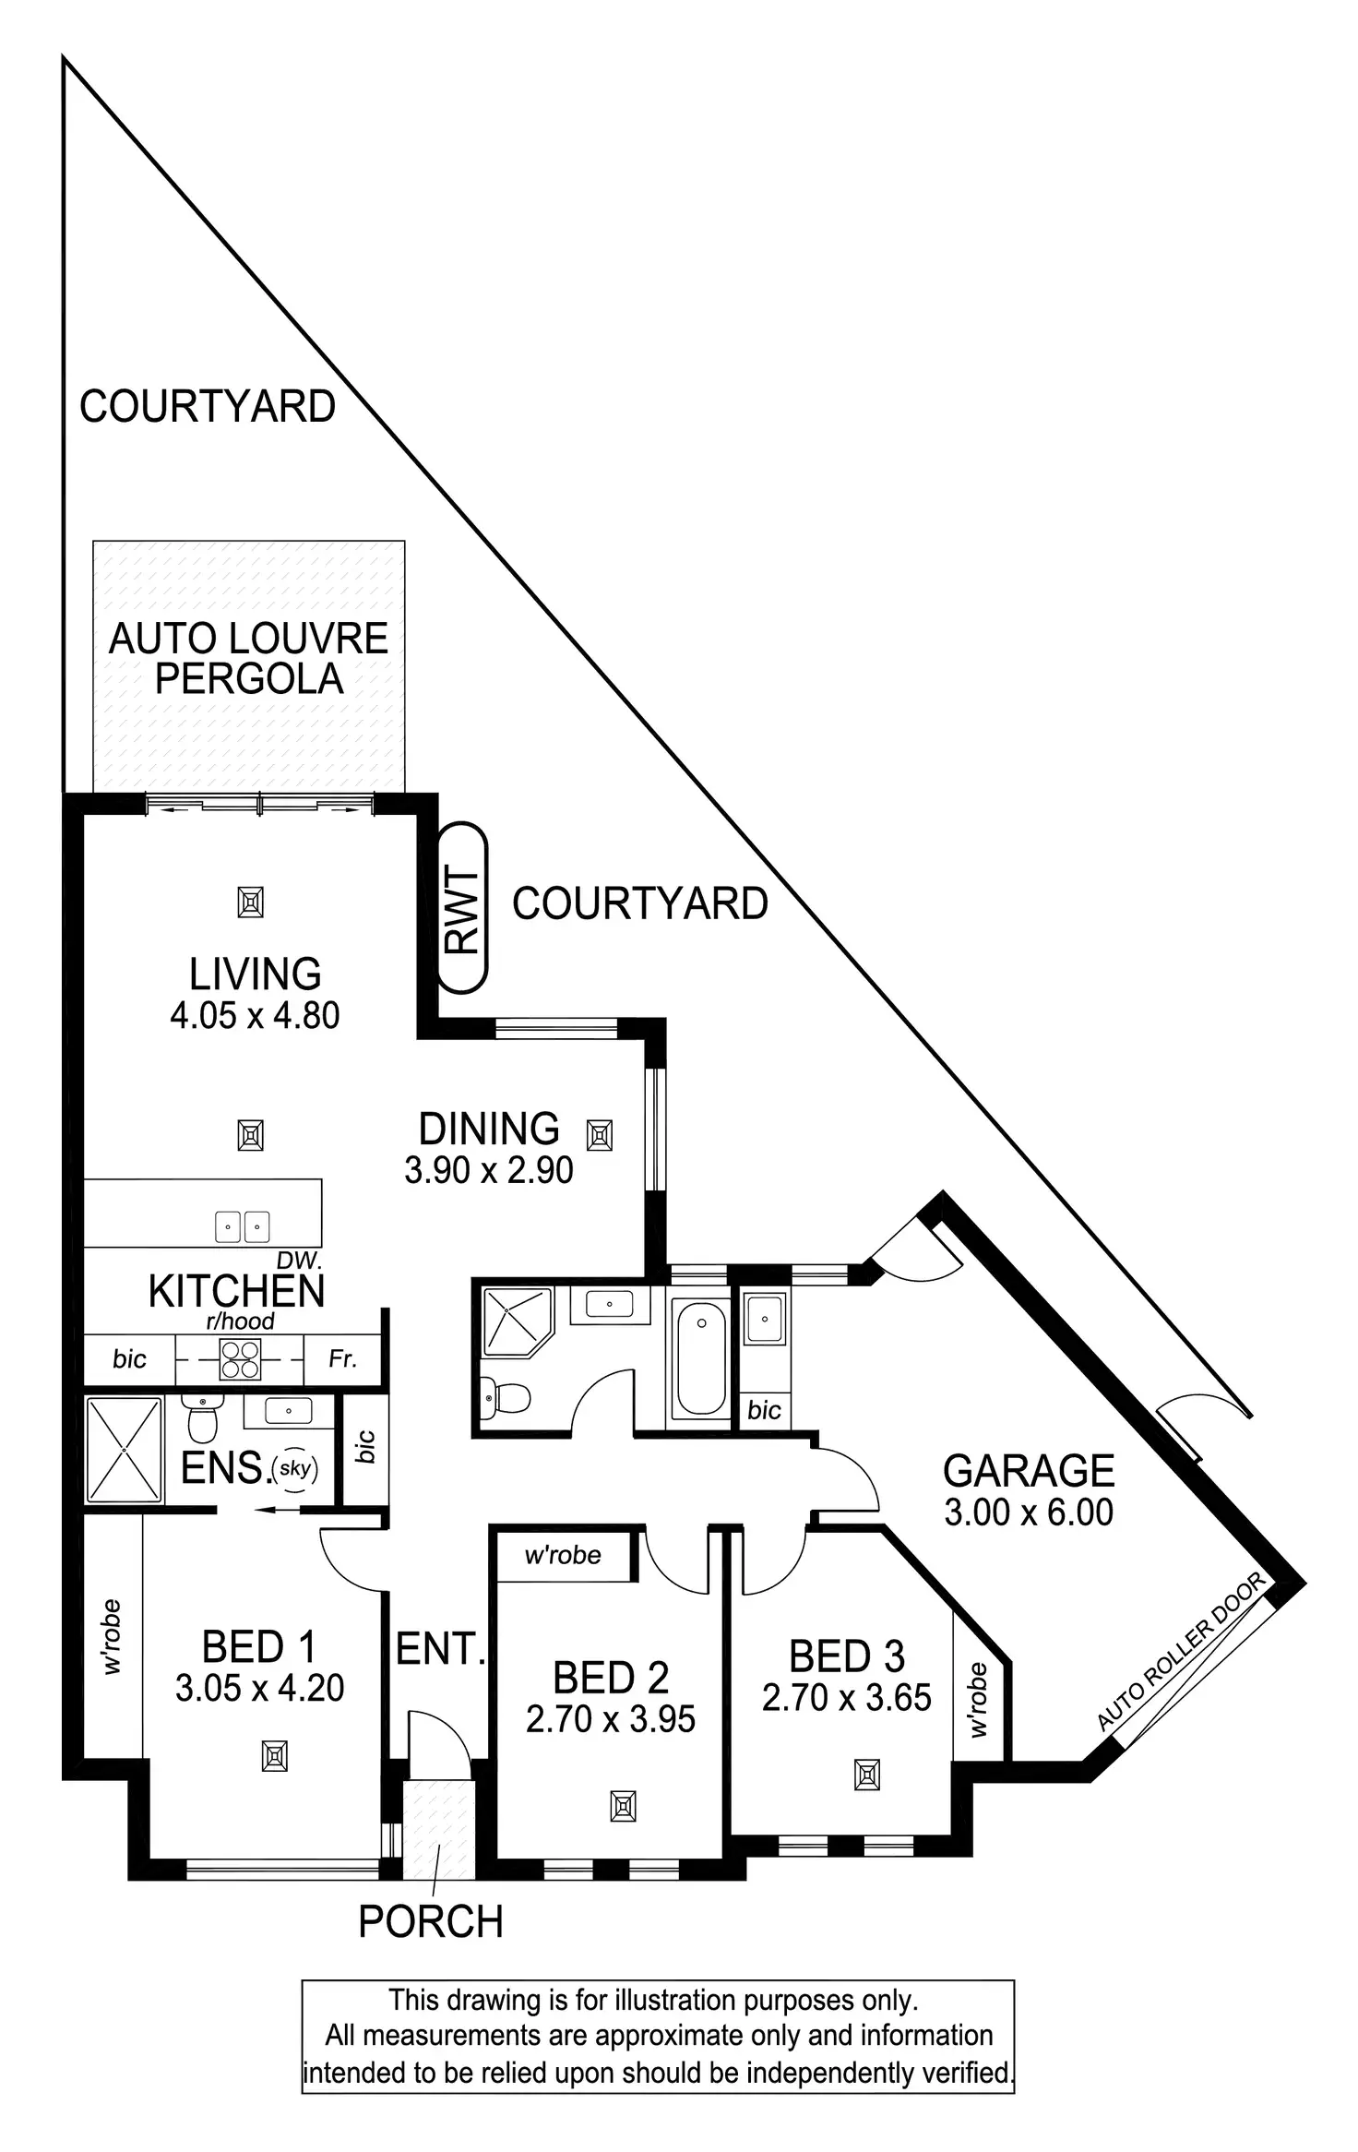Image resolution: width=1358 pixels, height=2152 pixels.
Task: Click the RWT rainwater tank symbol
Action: [x=462, y=907]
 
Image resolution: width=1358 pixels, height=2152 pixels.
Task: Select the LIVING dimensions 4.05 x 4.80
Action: [x=255, y=1015]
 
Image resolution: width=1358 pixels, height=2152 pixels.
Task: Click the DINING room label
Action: [x=489, y=1129]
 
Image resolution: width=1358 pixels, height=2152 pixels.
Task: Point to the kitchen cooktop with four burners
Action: [x=239, y=1359]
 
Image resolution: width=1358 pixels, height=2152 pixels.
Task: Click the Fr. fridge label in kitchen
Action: [x=342, y=1358]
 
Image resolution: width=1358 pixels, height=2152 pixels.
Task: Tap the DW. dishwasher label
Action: [x=299, y=1261]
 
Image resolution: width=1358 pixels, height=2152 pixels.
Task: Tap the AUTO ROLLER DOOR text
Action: [x=1181, y=1652]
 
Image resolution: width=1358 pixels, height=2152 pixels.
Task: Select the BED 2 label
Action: [x=611, y=1677]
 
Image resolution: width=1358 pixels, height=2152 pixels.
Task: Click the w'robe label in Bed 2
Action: [x=563, y=1555]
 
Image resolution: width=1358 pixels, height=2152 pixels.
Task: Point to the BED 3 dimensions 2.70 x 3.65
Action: [x=847, y=1697]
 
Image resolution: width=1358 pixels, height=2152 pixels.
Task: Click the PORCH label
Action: [x=431, y=1922]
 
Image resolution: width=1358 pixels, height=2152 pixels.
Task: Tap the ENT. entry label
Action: [x=440, y=1649]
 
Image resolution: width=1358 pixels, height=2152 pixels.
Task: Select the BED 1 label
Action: [x=259, y=1647]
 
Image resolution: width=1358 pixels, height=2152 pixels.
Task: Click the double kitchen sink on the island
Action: [x=242, y=1226]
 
